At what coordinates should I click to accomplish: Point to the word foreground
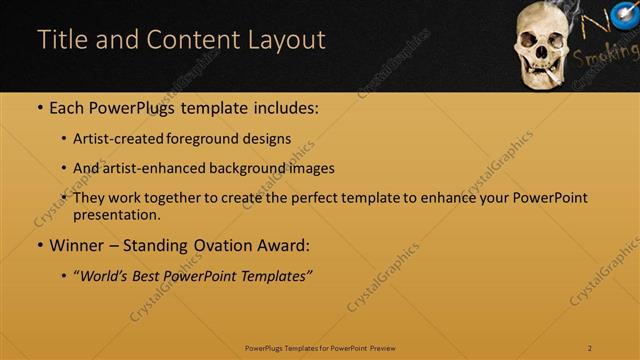tap(215, 139)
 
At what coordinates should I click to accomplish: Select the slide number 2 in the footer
tap(589, 348)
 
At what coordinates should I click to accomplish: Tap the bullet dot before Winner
tap(39, 245)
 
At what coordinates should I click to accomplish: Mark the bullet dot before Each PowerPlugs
tap(39, 107)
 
